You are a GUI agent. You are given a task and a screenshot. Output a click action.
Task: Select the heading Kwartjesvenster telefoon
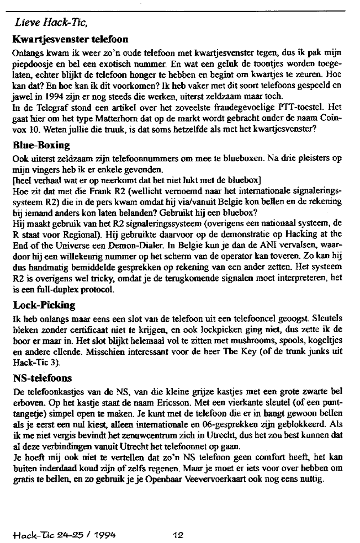click(70, 40)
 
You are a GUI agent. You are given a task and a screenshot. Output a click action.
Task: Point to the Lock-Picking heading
click(44, 305)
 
